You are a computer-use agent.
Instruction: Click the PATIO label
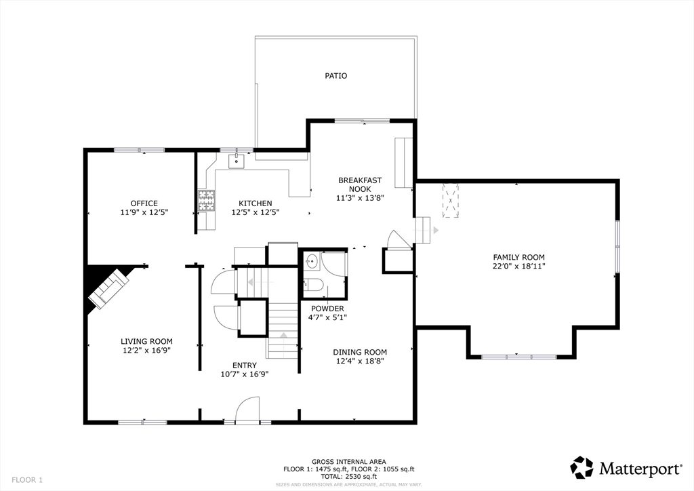tap(336, 76)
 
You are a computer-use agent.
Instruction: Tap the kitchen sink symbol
tap(237, 161)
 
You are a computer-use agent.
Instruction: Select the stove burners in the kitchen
tap(206, 200)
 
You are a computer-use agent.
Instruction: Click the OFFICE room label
tap(144, 203)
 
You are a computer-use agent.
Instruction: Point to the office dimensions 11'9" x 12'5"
tap(144, 212)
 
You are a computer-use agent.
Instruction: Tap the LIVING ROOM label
tap(146, 341)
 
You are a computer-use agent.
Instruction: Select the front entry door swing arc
tap(247, 410)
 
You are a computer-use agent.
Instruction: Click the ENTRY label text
tap(244, 366)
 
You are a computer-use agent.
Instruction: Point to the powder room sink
tap(312, 261)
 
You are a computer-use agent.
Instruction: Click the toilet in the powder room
tap(313, 284)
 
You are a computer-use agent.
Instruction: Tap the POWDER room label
tap(327, 309)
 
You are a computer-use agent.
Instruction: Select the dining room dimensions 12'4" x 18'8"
tap(360, 361)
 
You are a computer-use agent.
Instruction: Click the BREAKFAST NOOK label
tap(360, 184)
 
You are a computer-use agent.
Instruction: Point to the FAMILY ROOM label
tap(518, 257)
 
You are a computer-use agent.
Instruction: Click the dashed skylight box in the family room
tap(451, 200)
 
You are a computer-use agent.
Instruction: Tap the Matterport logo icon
tap(581, 467)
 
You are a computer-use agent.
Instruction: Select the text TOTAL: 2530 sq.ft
tap(349, 477)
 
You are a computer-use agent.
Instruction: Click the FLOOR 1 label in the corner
tap(27, 479)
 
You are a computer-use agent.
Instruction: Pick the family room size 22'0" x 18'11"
tap(518, 266)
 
